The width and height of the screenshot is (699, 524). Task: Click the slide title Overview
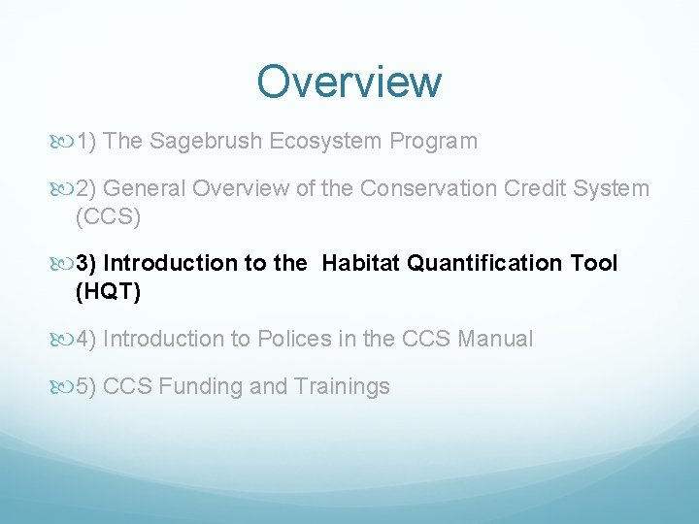349,82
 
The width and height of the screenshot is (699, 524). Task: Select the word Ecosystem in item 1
326,142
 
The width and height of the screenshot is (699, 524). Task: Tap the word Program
433,142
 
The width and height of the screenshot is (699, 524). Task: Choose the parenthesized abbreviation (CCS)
108,216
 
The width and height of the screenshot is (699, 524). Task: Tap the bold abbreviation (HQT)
108,292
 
